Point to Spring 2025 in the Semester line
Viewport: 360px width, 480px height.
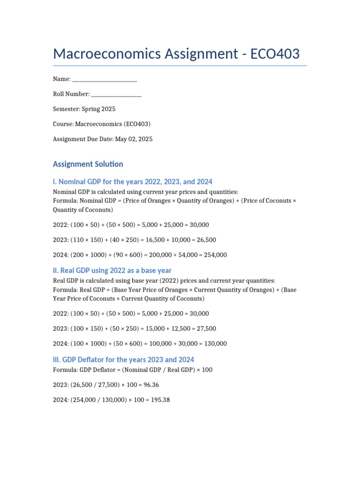98,109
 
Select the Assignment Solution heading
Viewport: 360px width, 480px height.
88,164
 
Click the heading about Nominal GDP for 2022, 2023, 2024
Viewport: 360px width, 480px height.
133,181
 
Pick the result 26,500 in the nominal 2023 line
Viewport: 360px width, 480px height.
206,240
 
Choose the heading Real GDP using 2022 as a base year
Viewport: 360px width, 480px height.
112,270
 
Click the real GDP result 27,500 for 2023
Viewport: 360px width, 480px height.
206,329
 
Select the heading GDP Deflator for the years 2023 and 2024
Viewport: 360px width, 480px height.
123,360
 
